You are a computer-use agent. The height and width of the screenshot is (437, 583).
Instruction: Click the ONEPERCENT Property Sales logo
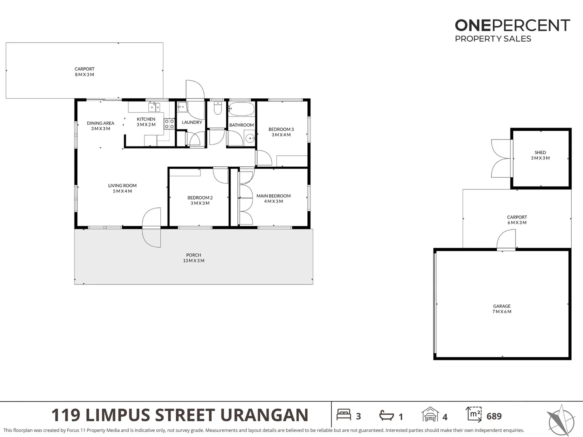[512, 30]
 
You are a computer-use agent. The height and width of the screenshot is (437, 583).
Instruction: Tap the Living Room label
[122, 188]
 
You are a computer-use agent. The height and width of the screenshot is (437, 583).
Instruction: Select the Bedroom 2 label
[200, 200]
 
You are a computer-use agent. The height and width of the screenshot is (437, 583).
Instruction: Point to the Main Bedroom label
[274, 198]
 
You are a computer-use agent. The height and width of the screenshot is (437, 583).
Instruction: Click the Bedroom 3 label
[281, 132]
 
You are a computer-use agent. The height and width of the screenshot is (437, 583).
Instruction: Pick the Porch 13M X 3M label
[194, 258]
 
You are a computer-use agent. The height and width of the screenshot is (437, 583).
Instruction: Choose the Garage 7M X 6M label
[502, 309]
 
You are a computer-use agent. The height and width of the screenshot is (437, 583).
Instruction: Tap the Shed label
[540, 152]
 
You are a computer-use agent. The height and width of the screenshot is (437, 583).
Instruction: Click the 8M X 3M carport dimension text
[85, 74]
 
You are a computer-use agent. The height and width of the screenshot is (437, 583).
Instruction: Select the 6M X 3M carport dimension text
[517, 223]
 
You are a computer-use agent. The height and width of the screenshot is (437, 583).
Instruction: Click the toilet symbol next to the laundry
[218, 108]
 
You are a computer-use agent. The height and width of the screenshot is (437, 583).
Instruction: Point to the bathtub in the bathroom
[241, 108]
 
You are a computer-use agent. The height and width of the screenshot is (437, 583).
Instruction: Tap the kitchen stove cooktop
[169, 124]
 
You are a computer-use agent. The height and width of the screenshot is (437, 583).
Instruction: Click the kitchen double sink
[154, 107]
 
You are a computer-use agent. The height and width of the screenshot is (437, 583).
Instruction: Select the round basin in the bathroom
[250, 138]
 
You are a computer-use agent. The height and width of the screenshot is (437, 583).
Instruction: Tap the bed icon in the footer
[344, 414]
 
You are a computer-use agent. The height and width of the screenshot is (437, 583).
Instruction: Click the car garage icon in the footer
[430, 414]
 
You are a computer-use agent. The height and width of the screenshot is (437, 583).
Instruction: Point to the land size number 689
[494, 416]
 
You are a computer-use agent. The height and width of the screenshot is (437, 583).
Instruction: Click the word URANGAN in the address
[264, 415]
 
